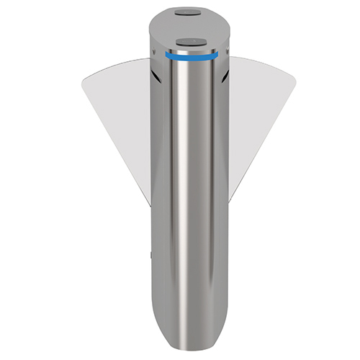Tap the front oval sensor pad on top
click(190, 41)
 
